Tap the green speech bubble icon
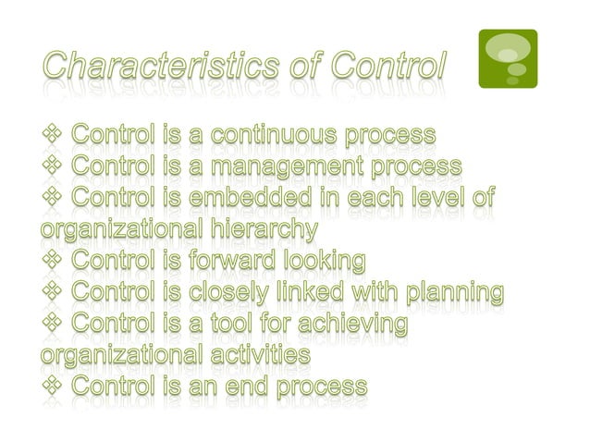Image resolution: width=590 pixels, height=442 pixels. click(x=507, y=58)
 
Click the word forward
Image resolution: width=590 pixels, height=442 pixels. click(x=237, y=261)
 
